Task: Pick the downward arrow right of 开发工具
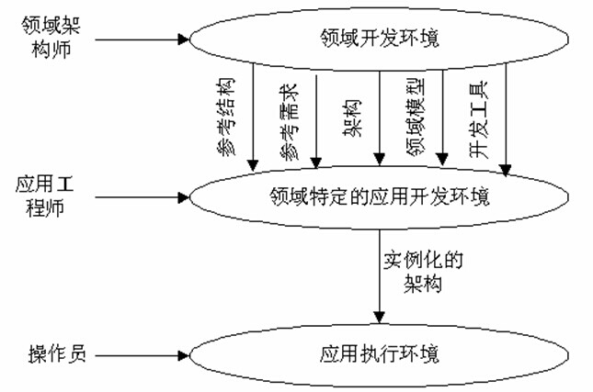(504, 119)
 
